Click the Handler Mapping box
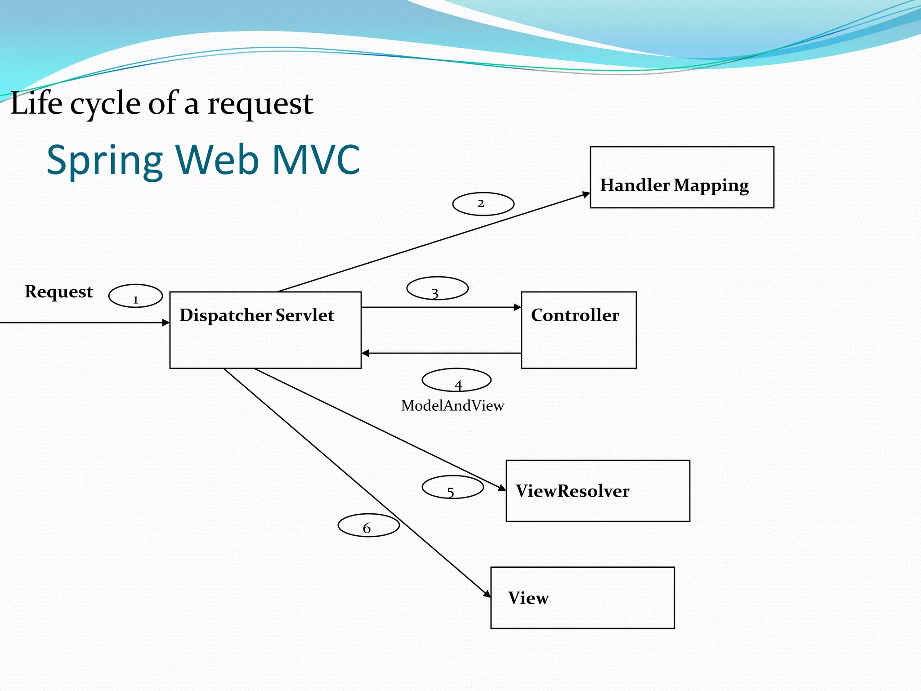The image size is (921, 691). tap(682, 177)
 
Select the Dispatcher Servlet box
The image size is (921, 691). tap(265, 330)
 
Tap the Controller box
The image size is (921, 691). tap(579, 330)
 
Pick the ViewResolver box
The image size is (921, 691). tap(598, 491)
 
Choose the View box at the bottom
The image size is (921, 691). tap(582, 598)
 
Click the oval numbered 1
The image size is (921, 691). tap(135, 296)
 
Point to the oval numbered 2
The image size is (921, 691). tap(483, 204)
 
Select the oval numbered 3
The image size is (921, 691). tap(437, 288)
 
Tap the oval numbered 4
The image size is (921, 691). tap(456, 380)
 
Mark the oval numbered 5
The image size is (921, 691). tap(452, 487)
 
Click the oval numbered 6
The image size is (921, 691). tap(368, 525)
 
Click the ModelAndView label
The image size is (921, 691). tap(452, 406)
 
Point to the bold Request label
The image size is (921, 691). tap(59, 292)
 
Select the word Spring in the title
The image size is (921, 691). tap(104, 161)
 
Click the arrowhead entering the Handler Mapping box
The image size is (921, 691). tap(586, 194)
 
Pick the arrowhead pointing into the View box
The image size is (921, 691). tap(487, 594)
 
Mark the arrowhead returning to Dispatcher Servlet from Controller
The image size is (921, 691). tap(366, 354)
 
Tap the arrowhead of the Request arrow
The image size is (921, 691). tap(166, 323)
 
